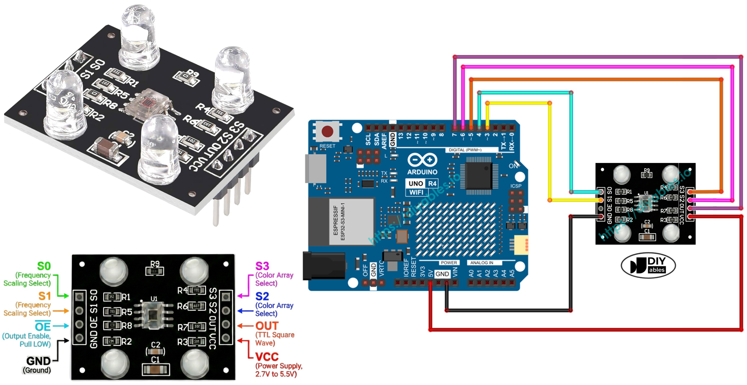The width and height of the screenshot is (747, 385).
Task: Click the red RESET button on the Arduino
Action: (x=327, y=131)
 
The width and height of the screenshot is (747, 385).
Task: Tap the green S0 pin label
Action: (x=44, y=266)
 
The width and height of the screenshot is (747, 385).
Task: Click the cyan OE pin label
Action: (x=43, y=327)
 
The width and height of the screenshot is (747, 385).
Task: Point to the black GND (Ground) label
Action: (x=38, y=361)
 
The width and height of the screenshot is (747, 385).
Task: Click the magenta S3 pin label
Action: (x=262, y=266)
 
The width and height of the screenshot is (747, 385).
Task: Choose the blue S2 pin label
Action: (x=262, y=296)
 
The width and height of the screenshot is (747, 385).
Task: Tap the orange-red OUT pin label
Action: (x=267, y=326)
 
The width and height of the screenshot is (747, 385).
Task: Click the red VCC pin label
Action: (x=267, y=357)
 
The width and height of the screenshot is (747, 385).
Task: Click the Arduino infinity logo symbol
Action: (x=422, y=160)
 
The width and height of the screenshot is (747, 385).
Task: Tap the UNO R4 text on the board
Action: (x=422, y=183)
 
